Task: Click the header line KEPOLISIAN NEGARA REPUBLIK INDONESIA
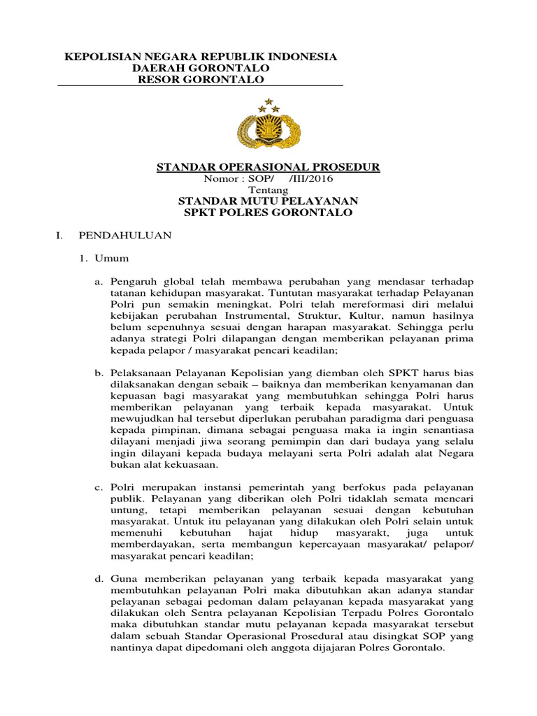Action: pyautogui.click(x=201, y=56)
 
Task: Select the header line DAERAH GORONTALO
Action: pyautogui.click(x=201, y=68)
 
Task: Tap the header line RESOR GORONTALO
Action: pyautogui.click(x=201, y=80)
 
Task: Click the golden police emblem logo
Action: pyautogui.click(x=268, y=130)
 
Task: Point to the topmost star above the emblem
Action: pyautogui.click(x=268, y=102)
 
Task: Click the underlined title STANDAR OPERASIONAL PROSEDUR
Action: pyautogui.click(x=268, y=167)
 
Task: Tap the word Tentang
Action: pyautogui.click(x=268, y=190)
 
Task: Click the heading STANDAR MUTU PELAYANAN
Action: pyautogui.click(x=268, y=201)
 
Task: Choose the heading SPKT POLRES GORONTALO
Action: pyautogui.click(x=268, y=213)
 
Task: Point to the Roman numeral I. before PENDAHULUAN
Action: pyautogui.click(x=59, y=236)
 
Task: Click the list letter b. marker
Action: pyautogui.click(x=99, y=374)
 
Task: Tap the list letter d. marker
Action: pyautogui.click(x=99, y=579)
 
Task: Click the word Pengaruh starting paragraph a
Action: pyautogui.click(x=134, y=282)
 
